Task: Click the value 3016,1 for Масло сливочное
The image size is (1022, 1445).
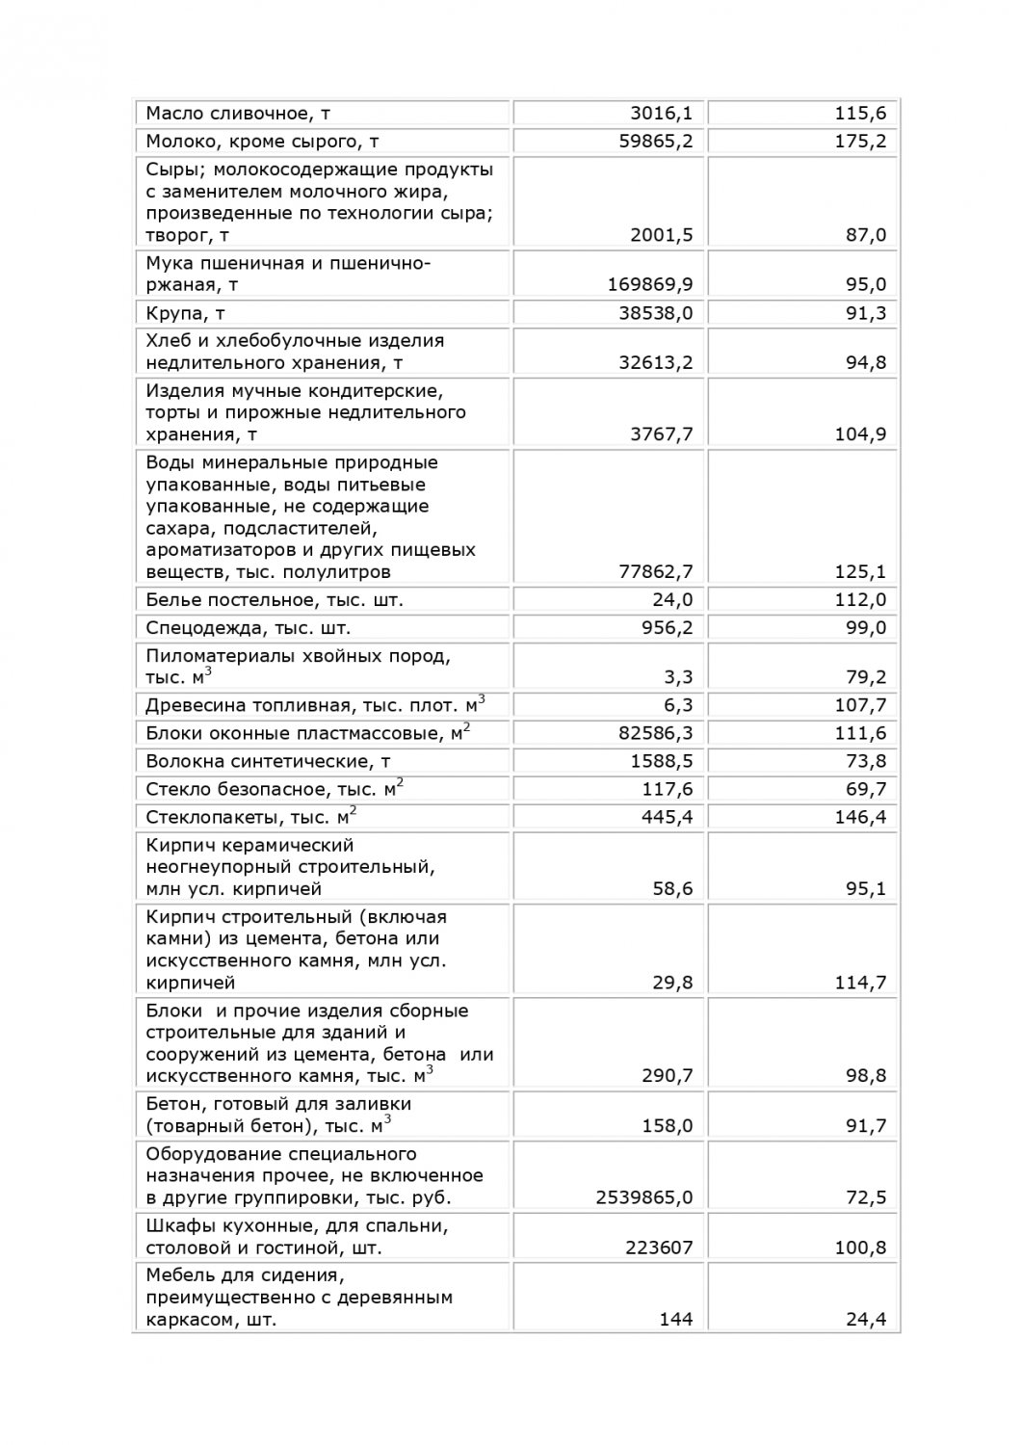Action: (661, 114)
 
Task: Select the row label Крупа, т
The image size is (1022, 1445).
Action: (185, 313)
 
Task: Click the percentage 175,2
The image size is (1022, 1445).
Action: (860, 142)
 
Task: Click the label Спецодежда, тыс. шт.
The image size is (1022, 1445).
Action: (248, 628)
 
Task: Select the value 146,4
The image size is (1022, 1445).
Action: (860, 818)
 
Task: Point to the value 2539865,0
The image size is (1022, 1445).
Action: (644, 1198)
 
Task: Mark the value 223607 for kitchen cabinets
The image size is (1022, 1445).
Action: (655, 1248)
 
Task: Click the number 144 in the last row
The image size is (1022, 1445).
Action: (676, 1320)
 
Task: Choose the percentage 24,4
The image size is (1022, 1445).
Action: (866, 1320)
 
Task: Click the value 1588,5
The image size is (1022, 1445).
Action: (661, 762)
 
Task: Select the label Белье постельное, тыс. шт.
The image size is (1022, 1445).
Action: (274, 600)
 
